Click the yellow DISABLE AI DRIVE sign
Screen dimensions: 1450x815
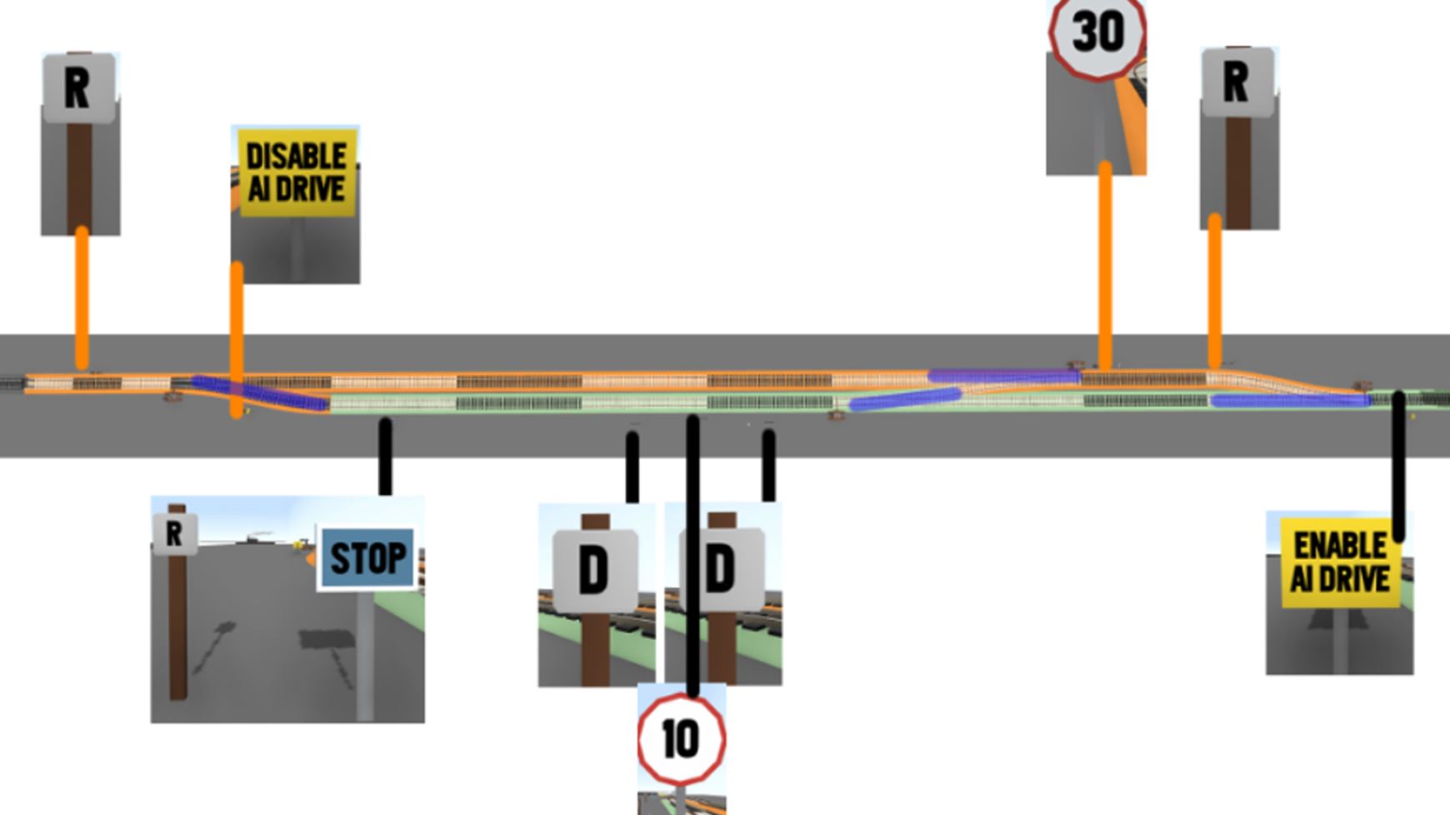[297, 172]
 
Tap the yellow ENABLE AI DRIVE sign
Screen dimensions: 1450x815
[1339, 562]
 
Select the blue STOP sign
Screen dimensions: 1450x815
[367, 557]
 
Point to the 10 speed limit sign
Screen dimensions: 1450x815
[681, 738]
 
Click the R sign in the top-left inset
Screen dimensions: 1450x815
[78, 87]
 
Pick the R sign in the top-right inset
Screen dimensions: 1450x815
[1237, 82]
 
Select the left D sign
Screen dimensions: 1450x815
[594, 570]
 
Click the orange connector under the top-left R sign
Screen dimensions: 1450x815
[82, 296]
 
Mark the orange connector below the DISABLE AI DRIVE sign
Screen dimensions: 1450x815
[237, 333]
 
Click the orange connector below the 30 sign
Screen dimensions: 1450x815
[1106, 262]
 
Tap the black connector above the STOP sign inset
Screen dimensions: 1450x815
[385, 456]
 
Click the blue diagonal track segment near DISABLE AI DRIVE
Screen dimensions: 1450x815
[258, 393]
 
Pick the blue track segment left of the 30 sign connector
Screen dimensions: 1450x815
[1004, 377]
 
